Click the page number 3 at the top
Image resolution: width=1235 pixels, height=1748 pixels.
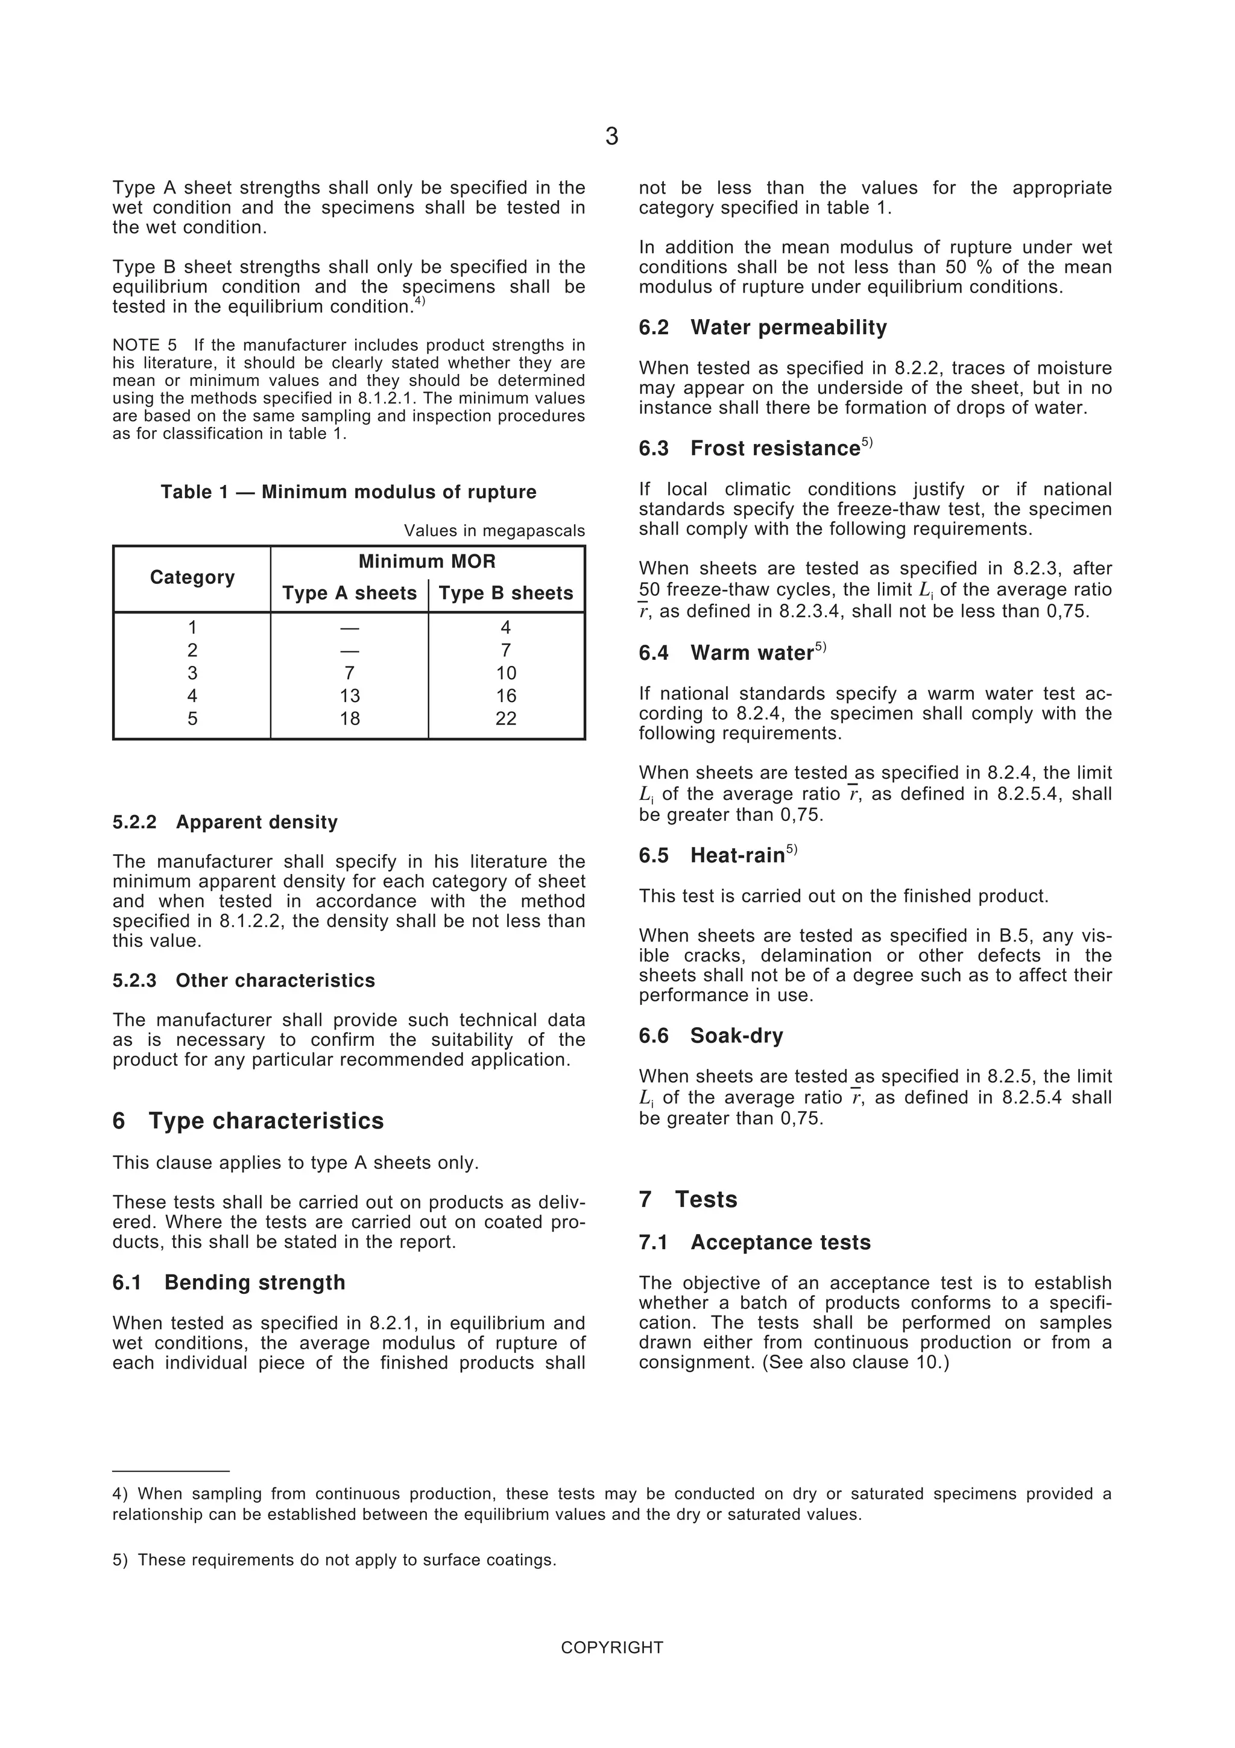pyautogui.click(x=612, y=137)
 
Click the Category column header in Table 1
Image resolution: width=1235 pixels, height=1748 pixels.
pyautogui.click(x=192, y=577)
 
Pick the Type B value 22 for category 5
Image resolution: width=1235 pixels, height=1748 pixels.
pyautogui.click(x=506, y=719)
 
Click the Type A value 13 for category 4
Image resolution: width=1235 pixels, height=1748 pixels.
pyautogui.click(x=349, y=696)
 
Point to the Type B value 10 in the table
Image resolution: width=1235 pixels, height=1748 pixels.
pyautogui.click(x=506, y=673)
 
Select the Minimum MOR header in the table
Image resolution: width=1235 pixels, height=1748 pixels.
pyautogui.click(x=427, y=562)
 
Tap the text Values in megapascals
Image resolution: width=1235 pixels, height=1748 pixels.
pyautogui.click(x=494, y=531)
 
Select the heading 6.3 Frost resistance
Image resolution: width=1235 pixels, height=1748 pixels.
pyautogui.click(x=755, y=448)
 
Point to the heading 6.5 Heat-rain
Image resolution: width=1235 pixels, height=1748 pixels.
pyautogui.click(x=718, y=856)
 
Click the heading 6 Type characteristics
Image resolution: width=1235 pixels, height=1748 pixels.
pyautogui.click(x=248, y=1121)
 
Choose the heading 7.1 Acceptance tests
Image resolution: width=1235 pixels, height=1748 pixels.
pyautogui.click(x=754, y=1243)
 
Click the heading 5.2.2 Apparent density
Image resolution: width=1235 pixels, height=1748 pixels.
pyautogui.click(x=226, y=822)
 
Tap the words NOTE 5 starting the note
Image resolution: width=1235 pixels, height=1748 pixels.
pyautogui.click(x=145, y=346)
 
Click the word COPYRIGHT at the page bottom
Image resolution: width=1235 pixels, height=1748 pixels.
pyautogui.click(x=612, y=1647)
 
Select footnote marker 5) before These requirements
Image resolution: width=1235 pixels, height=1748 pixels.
pyautogui.click(x=120, y=1560)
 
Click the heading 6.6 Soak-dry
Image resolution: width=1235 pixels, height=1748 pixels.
pyautogui.click(x=711, y=1036)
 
